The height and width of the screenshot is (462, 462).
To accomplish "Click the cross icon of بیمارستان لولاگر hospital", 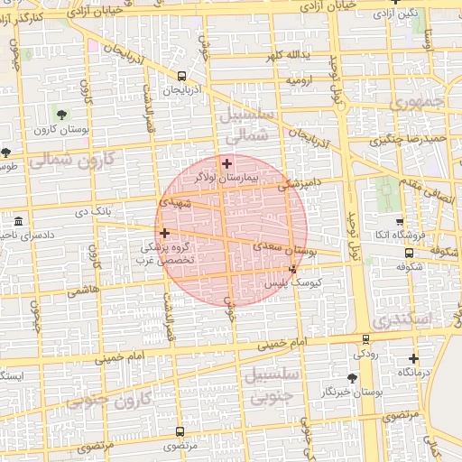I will point(226,163).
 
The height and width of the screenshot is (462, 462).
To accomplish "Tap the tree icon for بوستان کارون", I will point(60,115).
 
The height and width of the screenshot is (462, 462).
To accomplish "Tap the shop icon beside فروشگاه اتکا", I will point(400,221).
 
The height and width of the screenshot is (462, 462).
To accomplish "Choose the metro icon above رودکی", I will point(365,339).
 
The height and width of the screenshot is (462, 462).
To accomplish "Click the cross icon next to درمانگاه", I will point(413,358).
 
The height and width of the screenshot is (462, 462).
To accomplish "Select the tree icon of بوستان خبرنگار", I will point(352,377).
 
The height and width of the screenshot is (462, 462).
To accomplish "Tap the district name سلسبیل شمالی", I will point(245,125).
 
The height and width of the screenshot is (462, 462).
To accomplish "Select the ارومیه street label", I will point(302,80).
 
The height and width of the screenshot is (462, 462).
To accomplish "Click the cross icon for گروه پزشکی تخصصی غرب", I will point(163,233).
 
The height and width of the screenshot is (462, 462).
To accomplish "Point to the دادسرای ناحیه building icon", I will point(19,221).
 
